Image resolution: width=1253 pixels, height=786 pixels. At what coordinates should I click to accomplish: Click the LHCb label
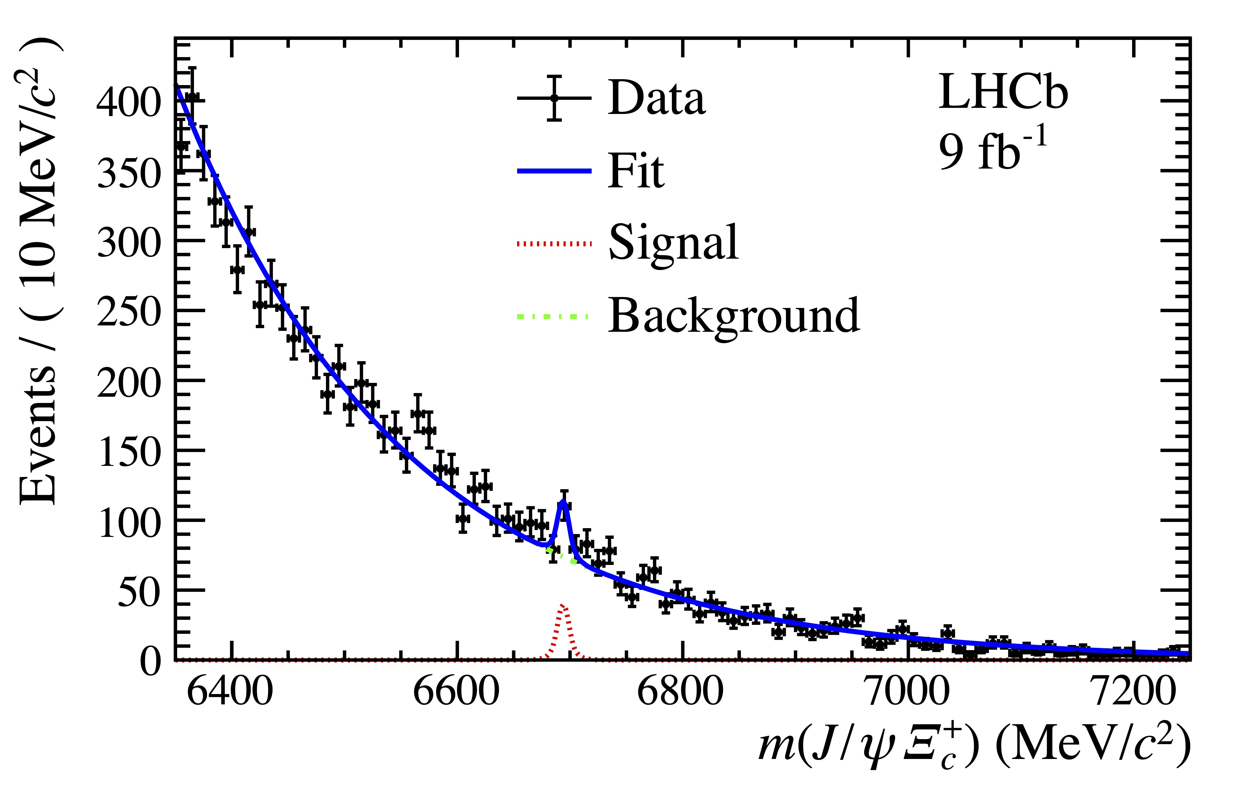click(1003, 92)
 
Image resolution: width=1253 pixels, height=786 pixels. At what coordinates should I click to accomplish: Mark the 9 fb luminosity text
click(992, 151)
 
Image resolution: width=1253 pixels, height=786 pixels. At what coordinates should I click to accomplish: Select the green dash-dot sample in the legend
click(552, 316)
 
